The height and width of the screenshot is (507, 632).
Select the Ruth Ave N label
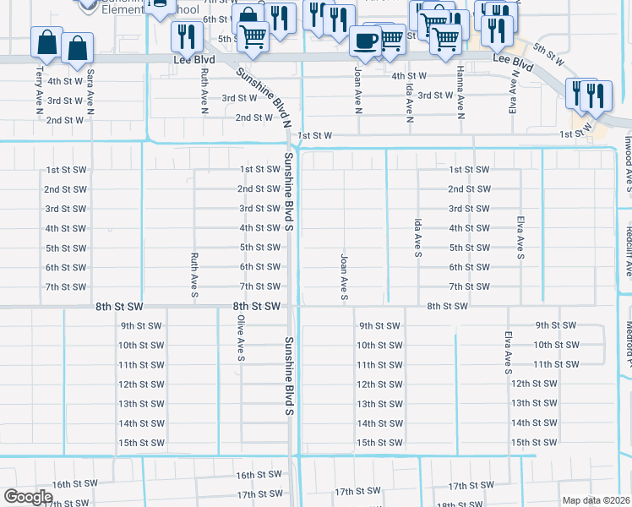204,91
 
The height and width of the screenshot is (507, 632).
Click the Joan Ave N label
358,91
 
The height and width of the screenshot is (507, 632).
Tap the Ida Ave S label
417,237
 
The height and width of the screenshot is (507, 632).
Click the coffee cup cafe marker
365,41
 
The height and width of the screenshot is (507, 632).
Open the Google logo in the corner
28,497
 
